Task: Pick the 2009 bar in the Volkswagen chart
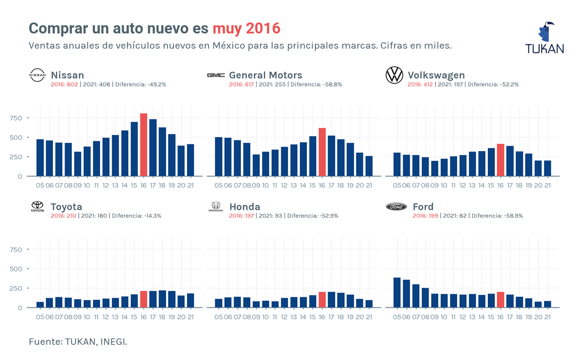(434, 169)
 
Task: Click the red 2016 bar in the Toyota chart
(143, 299)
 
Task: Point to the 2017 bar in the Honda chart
(331, 300)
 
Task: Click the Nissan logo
(37, 75)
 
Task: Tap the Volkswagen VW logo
(394, 75)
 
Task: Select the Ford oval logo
(396, 207)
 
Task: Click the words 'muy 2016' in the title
(246, 28)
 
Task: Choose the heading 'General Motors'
(265, 75)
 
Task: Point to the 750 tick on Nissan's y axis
(16, 118)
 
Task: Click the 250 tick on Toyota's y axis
(16, 288)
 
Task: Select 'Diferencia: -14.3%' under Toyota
(137, 216)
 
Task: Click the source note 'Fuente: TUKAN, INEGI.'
(78, 342)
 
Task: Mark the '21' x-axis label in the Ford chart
(548, 317)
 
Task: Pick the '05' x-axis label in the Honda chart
(218, 317)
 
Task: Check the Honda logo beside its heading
(215, 207)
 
